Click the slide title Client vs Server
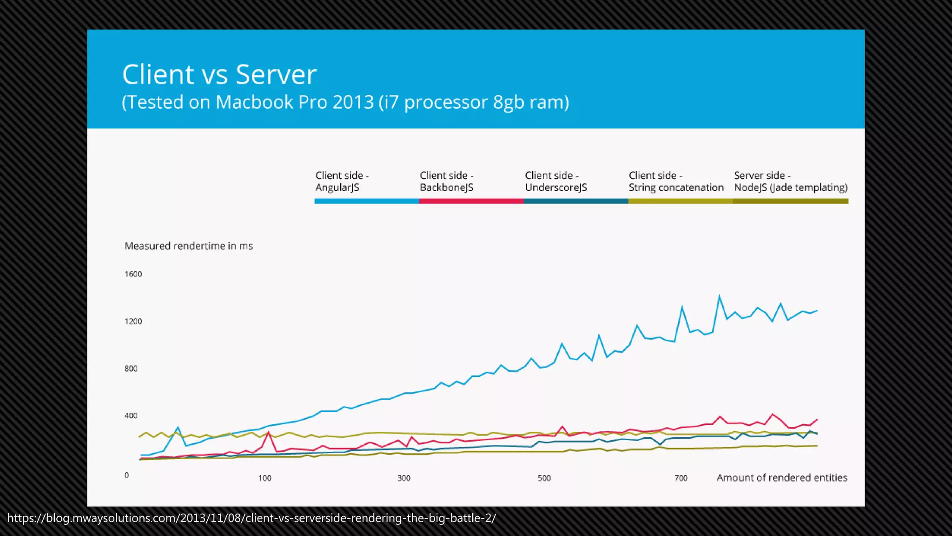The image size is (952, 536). click(x=219, y=74)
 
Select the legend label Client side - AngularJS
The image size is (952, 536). click(x=342, y=181)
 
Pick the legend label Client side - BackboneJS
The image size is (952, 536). click(x=446, y=181)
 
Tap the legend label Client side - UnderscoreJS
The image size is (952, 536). click(x=556, y=181)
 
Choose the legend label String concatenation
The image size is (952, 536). click(x=676, y=188)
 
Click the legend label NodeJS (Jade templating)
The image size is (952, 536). click(x=790, y=188)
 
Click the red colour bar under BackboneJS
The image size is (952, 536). click(x=471, y=201)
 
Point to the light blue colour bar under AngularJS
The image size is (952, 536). click(x=366, y=201)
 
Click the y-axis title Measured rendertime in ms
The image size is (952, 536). click(x=188, y=246)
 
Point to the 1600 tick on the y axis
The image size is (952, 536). click(x=133, y=274)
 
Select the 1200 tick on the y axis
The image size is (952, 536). click(x=133, y=322)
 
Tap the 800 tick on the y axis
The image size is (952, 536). click(x=131, y=368)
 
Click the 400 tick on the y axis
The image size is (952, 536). click(x=131, y=415)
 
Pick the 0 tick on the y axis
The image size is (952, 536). click(x=126, y=475)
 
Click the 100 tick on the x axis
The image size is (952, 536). click(x=264, y=478)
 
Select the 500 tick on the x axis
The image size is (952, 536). click(x=544, y=478)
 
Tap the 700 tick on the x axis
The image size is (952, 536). click(x=681, y=478)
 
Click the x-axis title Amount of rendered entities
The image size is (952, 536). click(x=781, y=478)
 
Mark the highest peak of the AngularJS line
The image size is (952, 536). click(x=719, y=296)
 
